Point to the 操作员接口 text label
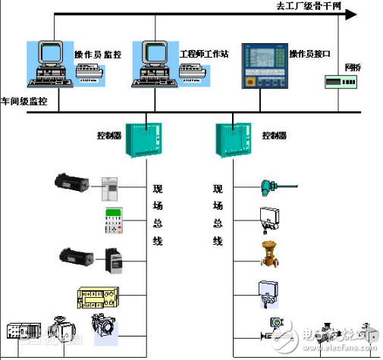coord(309,55)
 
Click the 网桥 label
coord(353,67)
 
